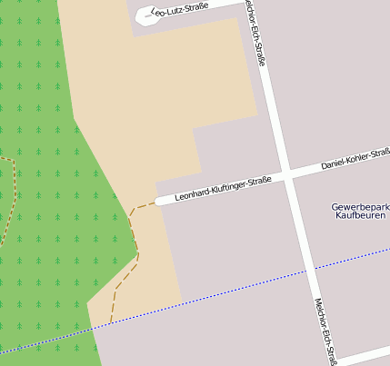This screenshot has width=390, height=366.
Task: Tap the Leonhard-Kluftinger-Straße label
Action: (x=224, y=188)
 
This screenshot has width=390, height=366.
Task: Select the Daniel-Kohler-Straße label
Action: (x=355, y=160)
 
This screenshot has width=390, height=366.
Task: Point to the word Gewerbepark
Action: (x=361, y=207)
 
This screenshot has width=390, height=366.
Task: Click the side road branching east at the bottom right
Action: (x=364, y=353)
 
